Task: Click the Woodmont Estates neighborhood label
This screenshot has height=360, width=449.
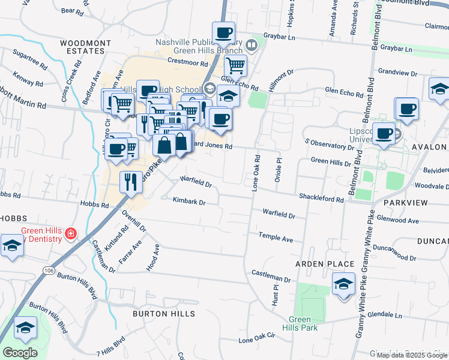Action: (86, 47)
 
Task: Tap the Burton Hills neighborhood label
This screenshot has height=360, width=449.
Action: (163, 314)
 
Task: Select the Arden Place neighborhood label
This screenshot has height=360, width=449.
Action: (318, 264)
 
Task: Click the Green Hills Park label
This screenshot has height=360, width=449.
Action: (300, 323)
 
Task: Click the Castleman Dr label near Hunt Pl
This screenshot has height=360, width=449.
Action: (271, 280)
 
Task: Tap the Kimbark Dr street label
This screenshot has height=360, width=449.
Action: (189, 202)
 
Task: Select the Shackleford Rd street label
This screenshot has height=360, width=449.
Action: (321, 199)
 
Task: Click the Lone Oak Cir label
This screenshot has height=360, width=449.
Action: (256, 339)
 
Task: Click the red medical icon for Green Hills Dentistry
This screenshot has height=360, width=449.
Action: (70, 232)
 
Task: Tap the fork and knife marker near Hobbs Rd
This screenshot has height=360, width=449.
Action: (131, 182)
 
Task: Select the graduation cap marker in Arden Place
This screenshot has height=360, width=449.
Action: (343, 284)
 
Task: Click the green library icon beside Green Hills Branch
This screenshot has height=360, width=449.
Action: (252, 44)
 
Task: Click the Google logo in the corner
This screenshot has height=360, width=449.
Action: (20, 352)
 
